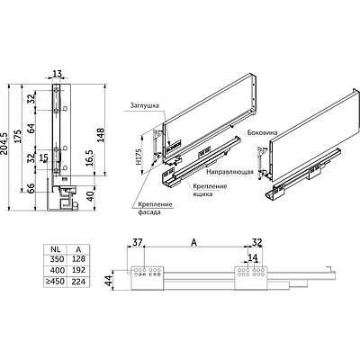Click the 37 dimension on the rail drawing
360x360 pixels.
click(138, 240)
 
